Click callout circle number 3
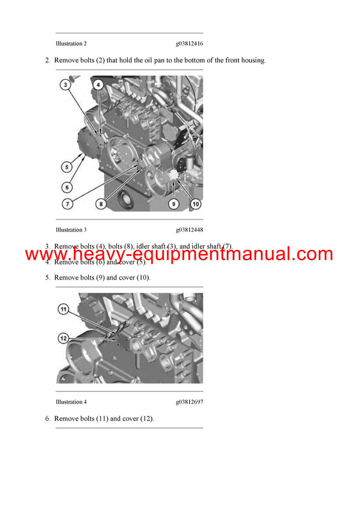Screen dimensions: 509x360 65,86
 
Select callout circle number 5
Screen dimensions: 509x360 67,167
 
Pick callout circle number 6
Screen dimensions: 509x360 67,187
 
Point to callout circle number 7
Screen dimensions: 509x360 67,204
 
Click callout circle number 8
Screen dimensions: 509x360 101,204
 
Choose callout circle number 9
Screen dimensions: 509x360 173,204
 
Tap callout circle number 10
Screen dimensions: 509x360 195,204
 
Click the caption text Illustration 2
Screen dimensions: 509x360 71,44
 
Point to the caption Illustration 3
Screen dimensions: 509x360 71,230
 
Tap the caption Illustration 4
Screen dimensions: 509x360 71,402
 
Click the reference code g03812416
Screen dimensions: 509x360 189,44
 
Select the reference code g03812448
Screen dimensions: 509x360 189,230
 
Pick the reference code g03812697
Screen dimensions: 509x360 189,402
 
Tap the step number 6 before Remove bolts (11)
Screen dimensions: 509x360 47,418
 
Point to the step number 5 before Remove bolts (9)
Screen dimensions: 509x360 47,278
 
